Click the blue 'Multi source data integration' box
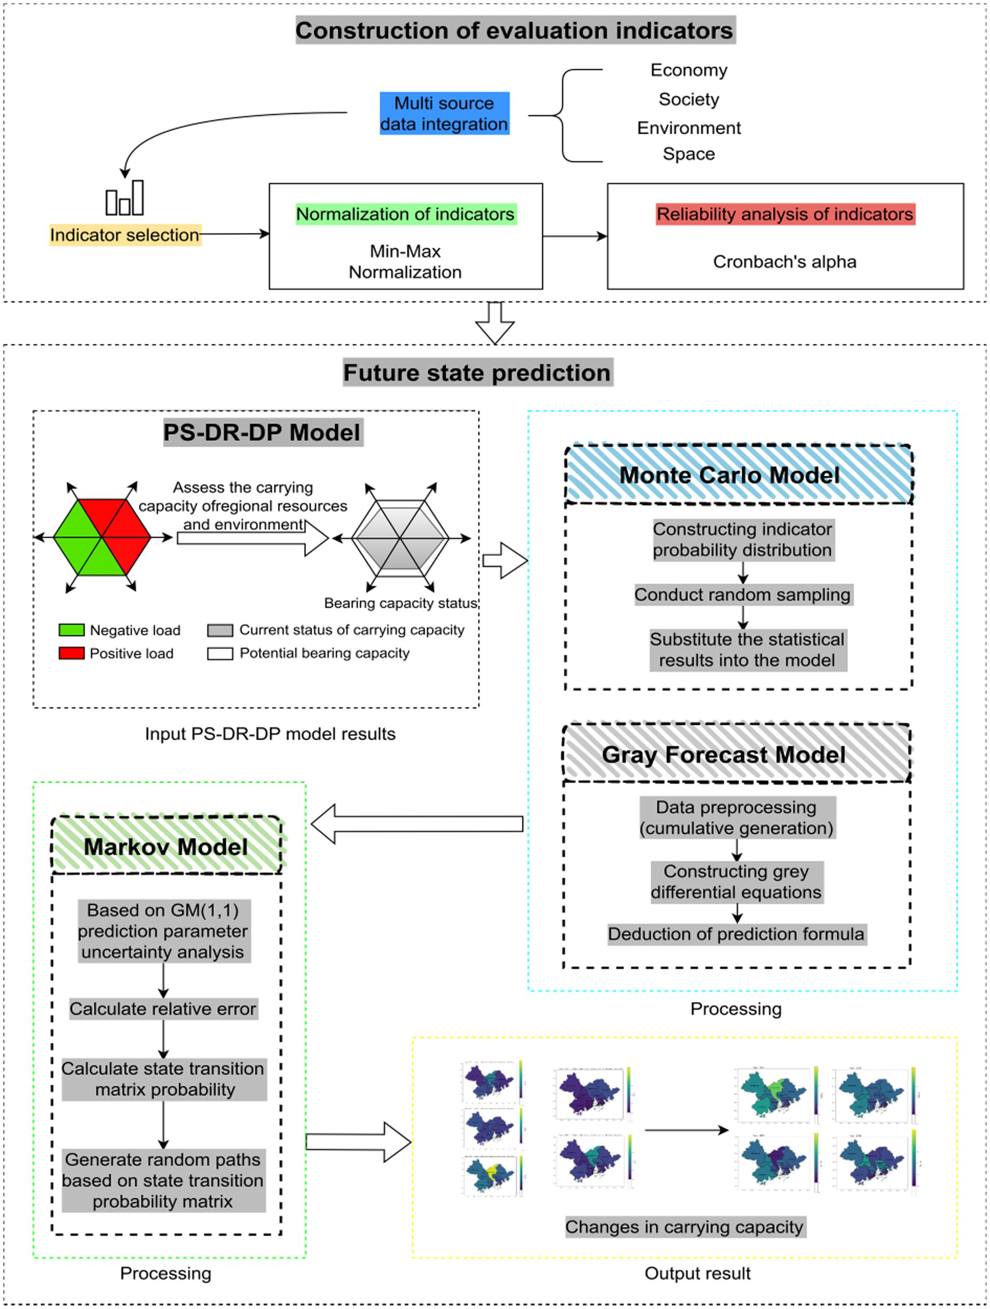[444, 113]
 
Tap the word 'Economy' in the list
[688, 70]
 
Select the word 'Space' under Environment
[688, 154]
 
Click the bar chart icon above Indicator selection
[124, 198]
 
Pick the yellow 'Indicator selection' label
[124, 235]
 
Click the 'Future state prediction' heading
[477, 373]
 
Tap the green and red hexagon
[102, 537]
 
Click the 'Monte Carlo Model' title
[729, 475]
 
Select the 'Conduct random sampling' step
[742, 594]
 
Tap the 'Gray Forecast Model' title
[723, 755]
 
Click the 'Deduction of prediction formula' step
[736, 934]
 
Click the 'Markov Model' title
[166, 847]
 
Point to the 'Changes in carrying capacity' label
[684, 1227]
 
